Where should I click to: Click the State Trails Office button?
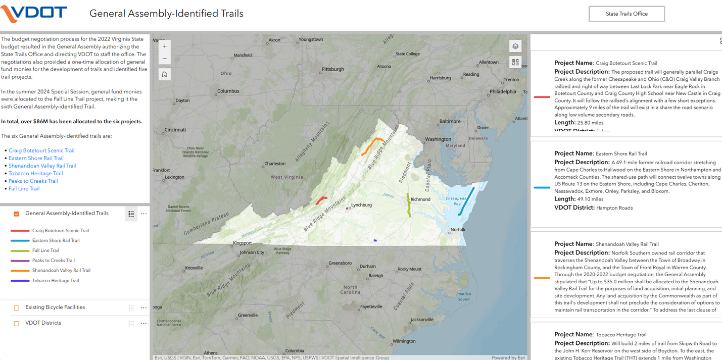pyautogui.click(x=627, y=14)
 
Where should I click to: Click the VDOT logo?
pyautogui.click(x=34, y=13)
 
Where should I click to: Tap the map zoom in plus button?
pyautogui.click(x=165, y=46)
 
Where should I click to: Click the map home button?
pyautogui.click(x=165, y=74)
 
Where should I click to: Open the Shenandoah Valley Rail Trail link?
pyautogui.click(x=42, y=166)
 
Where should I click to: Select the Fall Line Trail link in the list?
pyautogui.click(x=24, y=189)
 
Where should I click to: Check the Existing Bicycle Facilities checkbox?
pyautogui.click(x=17, y=307)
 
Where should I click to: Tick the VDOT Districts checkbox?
pyautogui.click(x=17, y=323)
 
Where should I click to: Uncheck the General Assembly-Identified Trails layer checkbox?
pyautogui.click(x=17, y=214)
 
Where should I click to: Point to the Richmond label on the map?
pyautogui.click(x=420, y=199)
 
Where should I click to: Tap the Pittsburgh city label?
pyautogui.click(x=332, y=69)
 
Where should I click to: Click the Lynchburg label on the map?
pyautogui.click(x=361, y=204)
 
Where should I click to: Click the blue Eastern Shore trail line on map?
pyautogui.click(x=466, y=201)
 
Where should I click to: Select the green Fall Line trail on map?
pyautogui.click(x=409, y=204)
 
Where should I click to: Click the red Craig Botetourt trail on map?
pyautogui.click(x=321, y=200)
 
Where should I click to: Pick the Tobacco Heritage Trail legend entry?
pyautogui.click(x=56, y=281)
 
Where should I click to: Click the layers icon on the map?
pyautogui.click(x=515, y=46)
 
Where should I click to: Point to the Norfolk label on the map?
pyautogui.click(x=458, y=230)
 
